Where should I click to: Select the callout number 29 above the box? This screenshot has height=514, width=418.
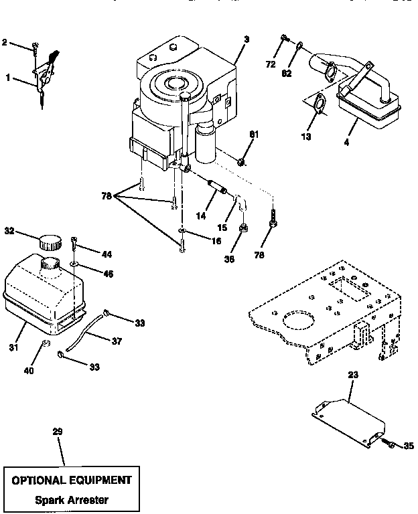click(x=58, y=432)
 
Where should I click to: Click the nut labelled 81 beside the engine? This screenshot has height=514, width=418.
click(x=242, y=161)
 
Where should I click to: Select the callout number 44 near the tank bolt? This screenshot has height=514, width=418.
click(x=107, y=255)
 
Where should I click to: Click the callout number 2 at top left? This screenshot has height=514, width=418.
click(x=5, y=42)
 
